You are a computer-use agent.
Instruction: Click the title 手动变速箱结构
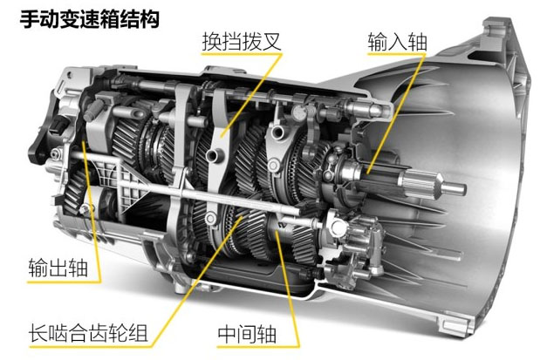click(x=90, y=19)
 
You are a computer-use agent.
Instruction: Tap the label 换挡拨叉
click(x=242, y=42)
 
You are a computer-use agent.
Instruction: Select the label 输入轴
click(x=397, y=42)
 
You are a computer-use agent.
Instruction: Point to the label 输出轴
click(x=58, y=268)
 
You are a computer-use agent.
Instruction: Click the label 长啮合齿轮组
click(x=88, y=333)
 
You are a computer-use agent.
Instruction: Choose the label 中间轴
click(x=247, y=334)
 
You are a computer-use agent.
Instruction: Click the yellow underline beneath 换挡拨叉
click(x=242, y=54)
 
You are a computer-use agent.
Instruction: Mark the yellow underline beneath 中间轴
click(x=258, y=346)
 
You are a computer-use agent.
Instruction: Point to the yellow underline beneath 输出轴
click(x=64, y=282)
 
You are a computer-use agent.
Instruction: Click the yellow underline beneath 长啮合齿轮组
click(x=90, y=345)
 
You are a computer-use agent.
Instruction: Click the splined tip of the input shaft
click(x=420, y=184)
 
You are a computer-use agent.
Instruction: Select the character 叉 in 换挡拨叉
click(x=271, y=42)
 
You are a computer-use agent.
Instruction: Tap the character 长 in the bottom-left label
click(x=38, y=333)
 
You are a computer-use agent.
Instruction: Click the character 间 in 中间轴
click(x=247, y=334)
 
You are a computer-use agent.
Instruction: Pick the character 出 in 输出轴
click(x=58, y=268)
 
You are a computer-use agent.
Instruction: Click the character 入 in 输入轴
click(x=397, y=42)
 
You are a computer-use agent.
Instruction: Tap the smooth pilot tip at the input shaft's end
click(x=454, y=188)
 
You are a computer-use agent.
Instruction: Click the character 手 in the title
click(x=30, y=19)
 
